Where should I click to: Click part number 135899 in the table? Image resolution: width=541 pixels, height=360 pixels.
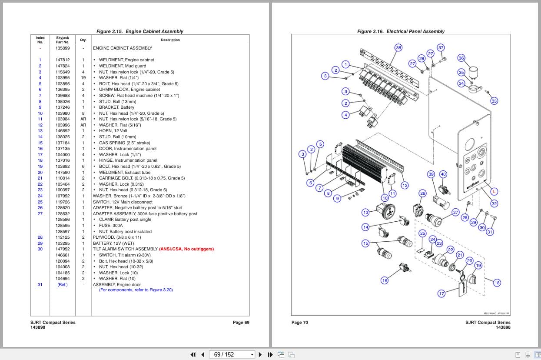click(62, 48)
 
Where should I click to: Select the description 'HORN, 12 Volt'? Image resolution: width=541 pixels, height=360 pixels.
click(113, 131)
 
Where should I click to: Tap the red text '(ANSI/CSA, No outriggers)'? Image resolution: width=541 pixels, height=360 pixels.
click(186, 249)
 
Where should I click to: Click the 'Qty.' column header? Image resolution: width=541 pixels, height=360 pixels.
click(83, 40)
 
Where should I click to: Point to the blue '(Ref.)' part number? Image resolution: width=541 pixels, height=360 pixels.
click(62, 285)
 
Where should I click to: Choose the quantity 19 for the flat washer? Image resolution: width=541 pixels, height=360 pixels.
click(83, 78)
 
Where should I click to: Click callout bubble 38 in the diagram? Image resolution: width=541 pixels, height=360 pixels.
click(398, 48)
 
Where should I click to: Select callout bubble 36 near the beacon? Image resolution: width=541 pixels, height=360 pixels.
click(461, 58)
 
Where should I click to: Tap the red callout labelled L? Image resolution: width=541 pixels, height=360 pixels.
click(494, 192)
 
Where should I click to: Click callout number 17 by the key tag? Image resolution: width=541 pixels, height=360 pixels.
click(441, 293)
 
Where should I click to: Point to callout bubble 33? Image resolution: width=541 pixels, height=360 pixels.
click(494, 101)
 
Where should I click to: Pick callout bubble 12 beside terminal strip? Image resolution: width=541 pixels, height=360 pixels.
click(405, 186)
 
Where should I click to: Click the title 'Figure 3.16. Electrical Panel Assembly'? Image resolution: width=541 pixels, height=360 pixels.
click(401, 31)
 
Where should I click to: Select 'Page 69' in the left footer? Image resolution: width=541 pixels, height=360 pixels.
click(241, 323)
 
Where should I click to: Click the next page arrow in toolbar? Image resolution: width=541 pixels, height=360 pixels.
click(260, 354)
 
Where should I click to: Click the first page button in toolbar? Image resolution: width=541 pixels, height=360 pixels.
click(193, 354)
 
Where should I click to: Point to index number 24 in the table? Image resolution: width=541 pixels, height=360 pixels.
click(40, 196)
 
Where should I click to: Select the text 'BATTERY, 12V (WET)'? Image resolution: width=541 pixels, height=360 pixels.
click(113, 243)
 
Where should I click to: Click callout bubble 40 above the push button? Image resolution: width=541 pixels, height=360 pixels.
click(443, 174)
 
